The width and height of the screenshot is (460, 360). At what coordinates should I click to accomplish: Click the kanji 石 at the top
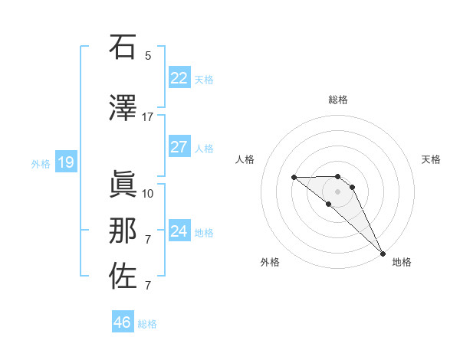pos(123,47)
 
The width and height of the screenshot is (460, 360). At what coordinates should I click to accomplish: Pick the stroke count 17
pos(147,117)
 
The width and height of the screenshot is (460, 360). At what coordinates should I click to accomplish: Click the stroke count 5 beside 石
pos(148,55)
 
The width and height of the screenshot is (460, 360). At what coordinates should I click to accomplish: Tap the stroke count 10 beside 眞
pos(148,193)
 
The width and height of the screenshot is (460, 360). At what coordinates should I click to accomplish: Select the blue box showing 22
pos(179,78)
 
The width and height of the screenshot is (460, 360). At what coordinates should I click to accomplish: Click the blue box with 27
pos(179,147)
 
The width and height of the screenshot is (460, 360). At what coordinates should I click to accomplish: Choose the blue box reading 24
pos(179,231)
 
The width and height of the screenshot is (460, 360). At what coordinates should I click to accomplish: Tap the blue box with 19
pos(65,162)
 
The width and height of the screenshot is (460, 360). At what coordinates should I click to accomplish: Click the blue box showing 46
pos(122,322)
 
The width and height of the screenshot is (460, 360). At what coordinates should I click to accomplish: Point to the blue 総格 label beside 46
pos(147,324)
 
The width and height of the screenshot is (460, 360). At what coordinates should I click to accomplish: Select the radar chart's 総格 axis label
pos(337,100)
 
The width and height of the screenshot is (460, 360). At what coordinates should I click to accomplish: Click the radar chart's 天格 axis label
pos(431,159)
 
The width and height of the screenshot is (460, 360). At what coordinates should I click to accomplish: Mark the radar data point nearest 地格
pos(383,254)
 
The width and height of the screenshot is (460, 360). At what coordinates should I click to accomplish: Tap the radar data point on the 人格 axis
pos(294,178)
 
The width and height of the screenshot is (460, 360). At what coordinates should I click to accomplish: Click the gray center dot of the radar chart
pos(337,191)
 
